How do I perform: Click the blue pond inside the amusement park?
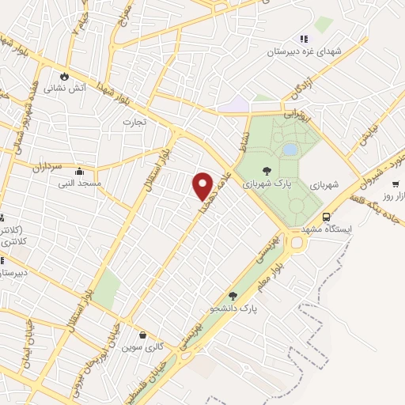point(290,149)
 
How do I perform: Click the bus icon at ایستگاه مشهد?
point(325,218)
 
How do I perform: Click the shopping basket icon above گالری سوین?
point(142,335)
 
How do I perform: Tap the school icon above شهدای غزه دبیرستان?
point(303,38)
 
